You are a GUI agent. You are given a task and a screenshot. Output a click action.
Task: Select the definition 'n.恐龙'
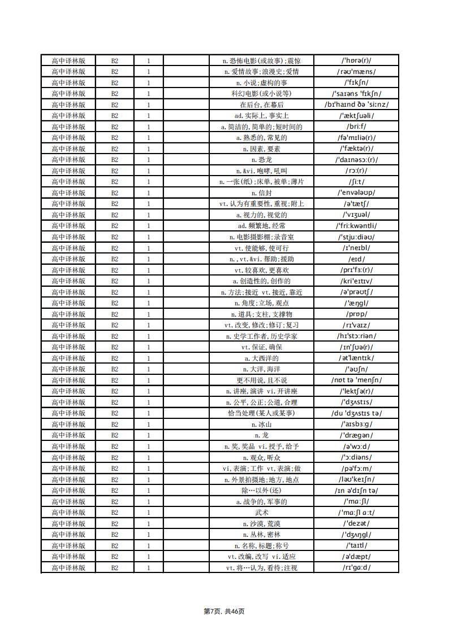261,160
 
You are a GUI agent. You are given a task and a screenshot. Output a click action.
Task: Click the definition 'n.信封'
261,193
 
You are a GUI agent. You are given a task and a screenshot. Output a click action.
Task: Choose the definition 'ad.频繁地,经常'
261,226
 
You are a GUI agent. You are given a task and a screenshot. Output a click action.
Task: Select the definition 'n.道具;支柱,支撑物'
261,314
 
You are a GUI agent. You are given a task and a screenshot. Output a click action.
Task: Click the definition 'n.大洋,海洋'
261,369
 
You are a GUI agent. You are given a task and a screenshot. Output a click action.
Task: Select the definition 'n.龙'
261,435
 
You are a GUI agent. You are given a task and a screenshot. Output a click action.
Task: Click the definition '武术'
261,512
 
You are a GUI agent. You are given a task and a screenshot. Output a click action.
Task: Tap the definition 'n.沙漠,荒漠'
261,523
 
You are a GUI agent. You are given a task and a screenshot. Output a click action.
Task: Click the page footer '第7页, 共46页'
224,611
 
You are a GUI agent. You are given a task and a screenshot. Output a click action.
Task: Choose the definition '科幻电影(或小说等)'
261,94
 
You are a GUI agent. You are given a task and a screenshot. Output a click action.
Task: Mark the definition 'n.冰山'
261,424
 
